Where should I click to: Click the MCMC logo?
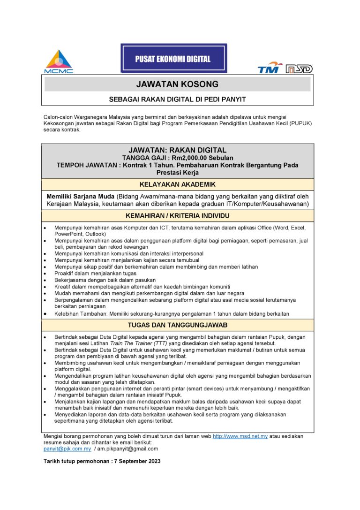tap(59, 61)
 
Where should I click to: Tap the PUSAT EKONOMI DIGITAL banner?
tap(173, 59)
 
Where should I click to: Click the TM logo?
tap(270, 68)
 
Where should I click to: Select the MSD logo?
tap(299, 69)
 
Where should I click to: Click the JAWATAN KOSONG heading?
tap(177, 84)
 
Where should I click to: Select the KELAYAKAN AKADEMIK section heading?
tap(177, 184)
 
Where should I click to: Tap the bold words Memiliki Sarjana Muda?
tap(81, 196)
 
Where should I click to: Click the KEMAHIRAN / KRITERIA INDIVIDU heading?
tap(177, 216)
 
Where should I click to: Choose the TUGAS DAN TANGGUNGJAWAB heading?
tap(177, 325)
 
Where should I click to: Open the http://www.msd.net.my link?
tap(240, 436)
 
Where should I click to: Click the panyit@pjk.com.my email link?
tap(67, 449)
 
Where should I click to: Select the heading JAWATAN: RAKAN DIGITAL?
tap(177, 150)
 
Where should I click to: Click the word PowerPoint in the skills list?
tap(69, 234)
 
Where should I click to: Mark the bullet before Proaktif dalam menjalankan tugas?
tap(45, 274)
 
